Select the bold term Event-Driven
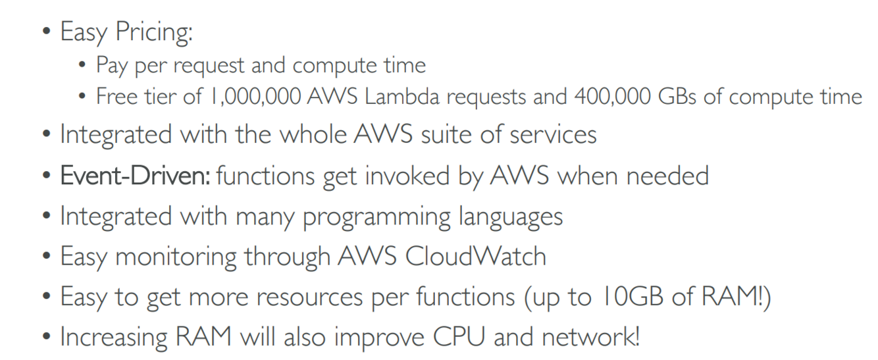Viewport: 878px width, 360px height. (135, 176)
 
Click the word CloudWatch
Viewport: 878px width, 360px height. (475, 257)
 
